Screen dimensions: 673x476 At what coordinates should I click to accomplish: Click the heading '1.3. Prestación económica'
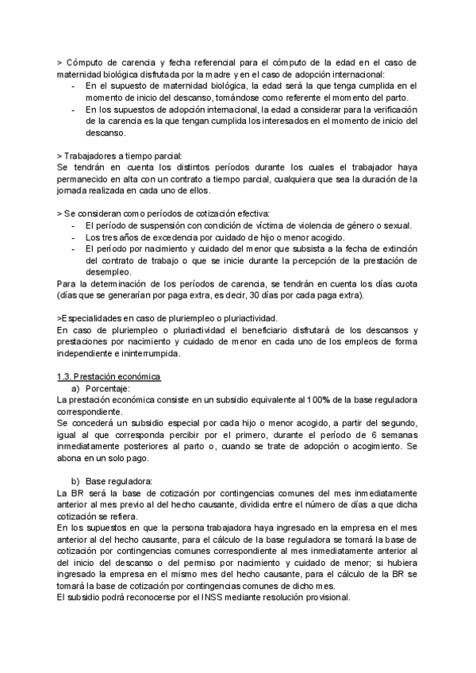(x=109, y=376)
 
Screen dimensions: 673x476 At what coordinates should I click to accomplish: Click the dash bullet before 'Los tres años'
(x=74, y=237)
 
